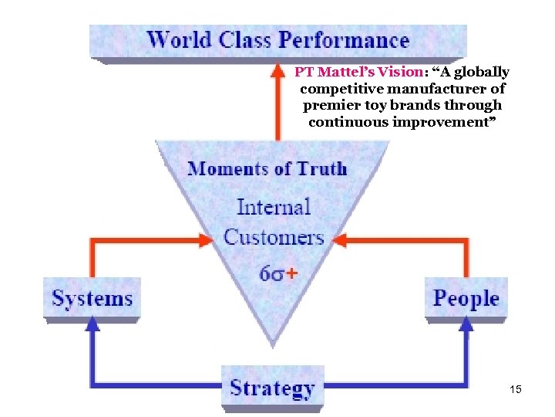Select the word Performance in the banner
coord(344,40)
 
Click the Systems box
coord(92,298)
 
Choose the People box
coord(466,298)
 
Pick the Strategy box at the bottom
coord(272,388)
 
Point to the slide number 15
coord(516,389)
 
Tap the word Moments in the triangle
coord(228,168)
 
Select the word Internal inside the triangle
coord(273,207)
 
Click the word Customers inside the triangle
coord(273,236)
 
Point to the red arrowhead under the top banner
coord(277,73)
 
